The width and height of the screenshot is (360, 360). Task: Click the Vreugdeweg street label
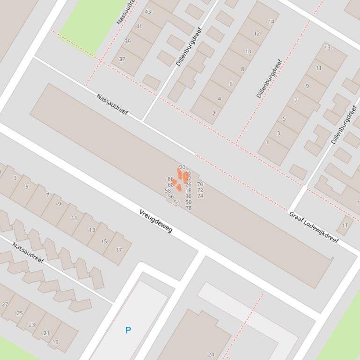click(156, 221)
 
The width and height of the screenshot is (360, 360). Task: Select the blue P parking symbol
click(128, 330)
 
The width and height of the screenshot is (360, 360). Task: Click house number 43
click(148, 12)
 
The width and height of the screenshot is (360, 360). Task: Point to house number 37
click(122, 59)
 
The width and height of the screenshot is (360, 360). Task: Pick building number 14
click(271, 22)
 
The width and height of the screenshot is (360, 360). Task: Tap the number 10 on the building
click(248, 51)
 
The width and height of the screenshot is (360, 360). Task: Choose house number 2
click(214, 113)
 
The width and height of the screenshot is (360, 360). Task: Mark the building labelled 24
click(211, 354)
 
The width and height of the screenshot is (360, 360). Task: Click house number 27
click(5, 304)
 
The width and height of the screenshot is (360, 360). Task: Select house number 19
click(56, 342)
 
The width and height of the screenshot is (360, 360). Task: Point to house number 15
click(104, 241)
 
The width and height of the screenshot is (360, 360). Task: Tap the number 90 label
click(182, 167)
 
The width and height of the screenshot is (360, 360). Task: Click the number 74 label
click(200, 196)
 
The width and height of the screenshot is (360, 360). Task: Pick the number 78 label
click(189, 208)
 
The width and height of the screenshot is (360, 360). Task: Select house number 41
click(139, 26)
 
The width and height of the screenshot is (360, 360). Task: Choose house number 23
click(32, 324)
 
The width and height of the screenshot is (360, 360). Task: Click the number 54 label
click(177, 202)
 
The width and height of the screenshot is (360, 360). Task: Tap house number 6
click(231, 84)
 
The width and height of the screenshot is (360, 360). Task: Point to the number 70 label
click(200, 185)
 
